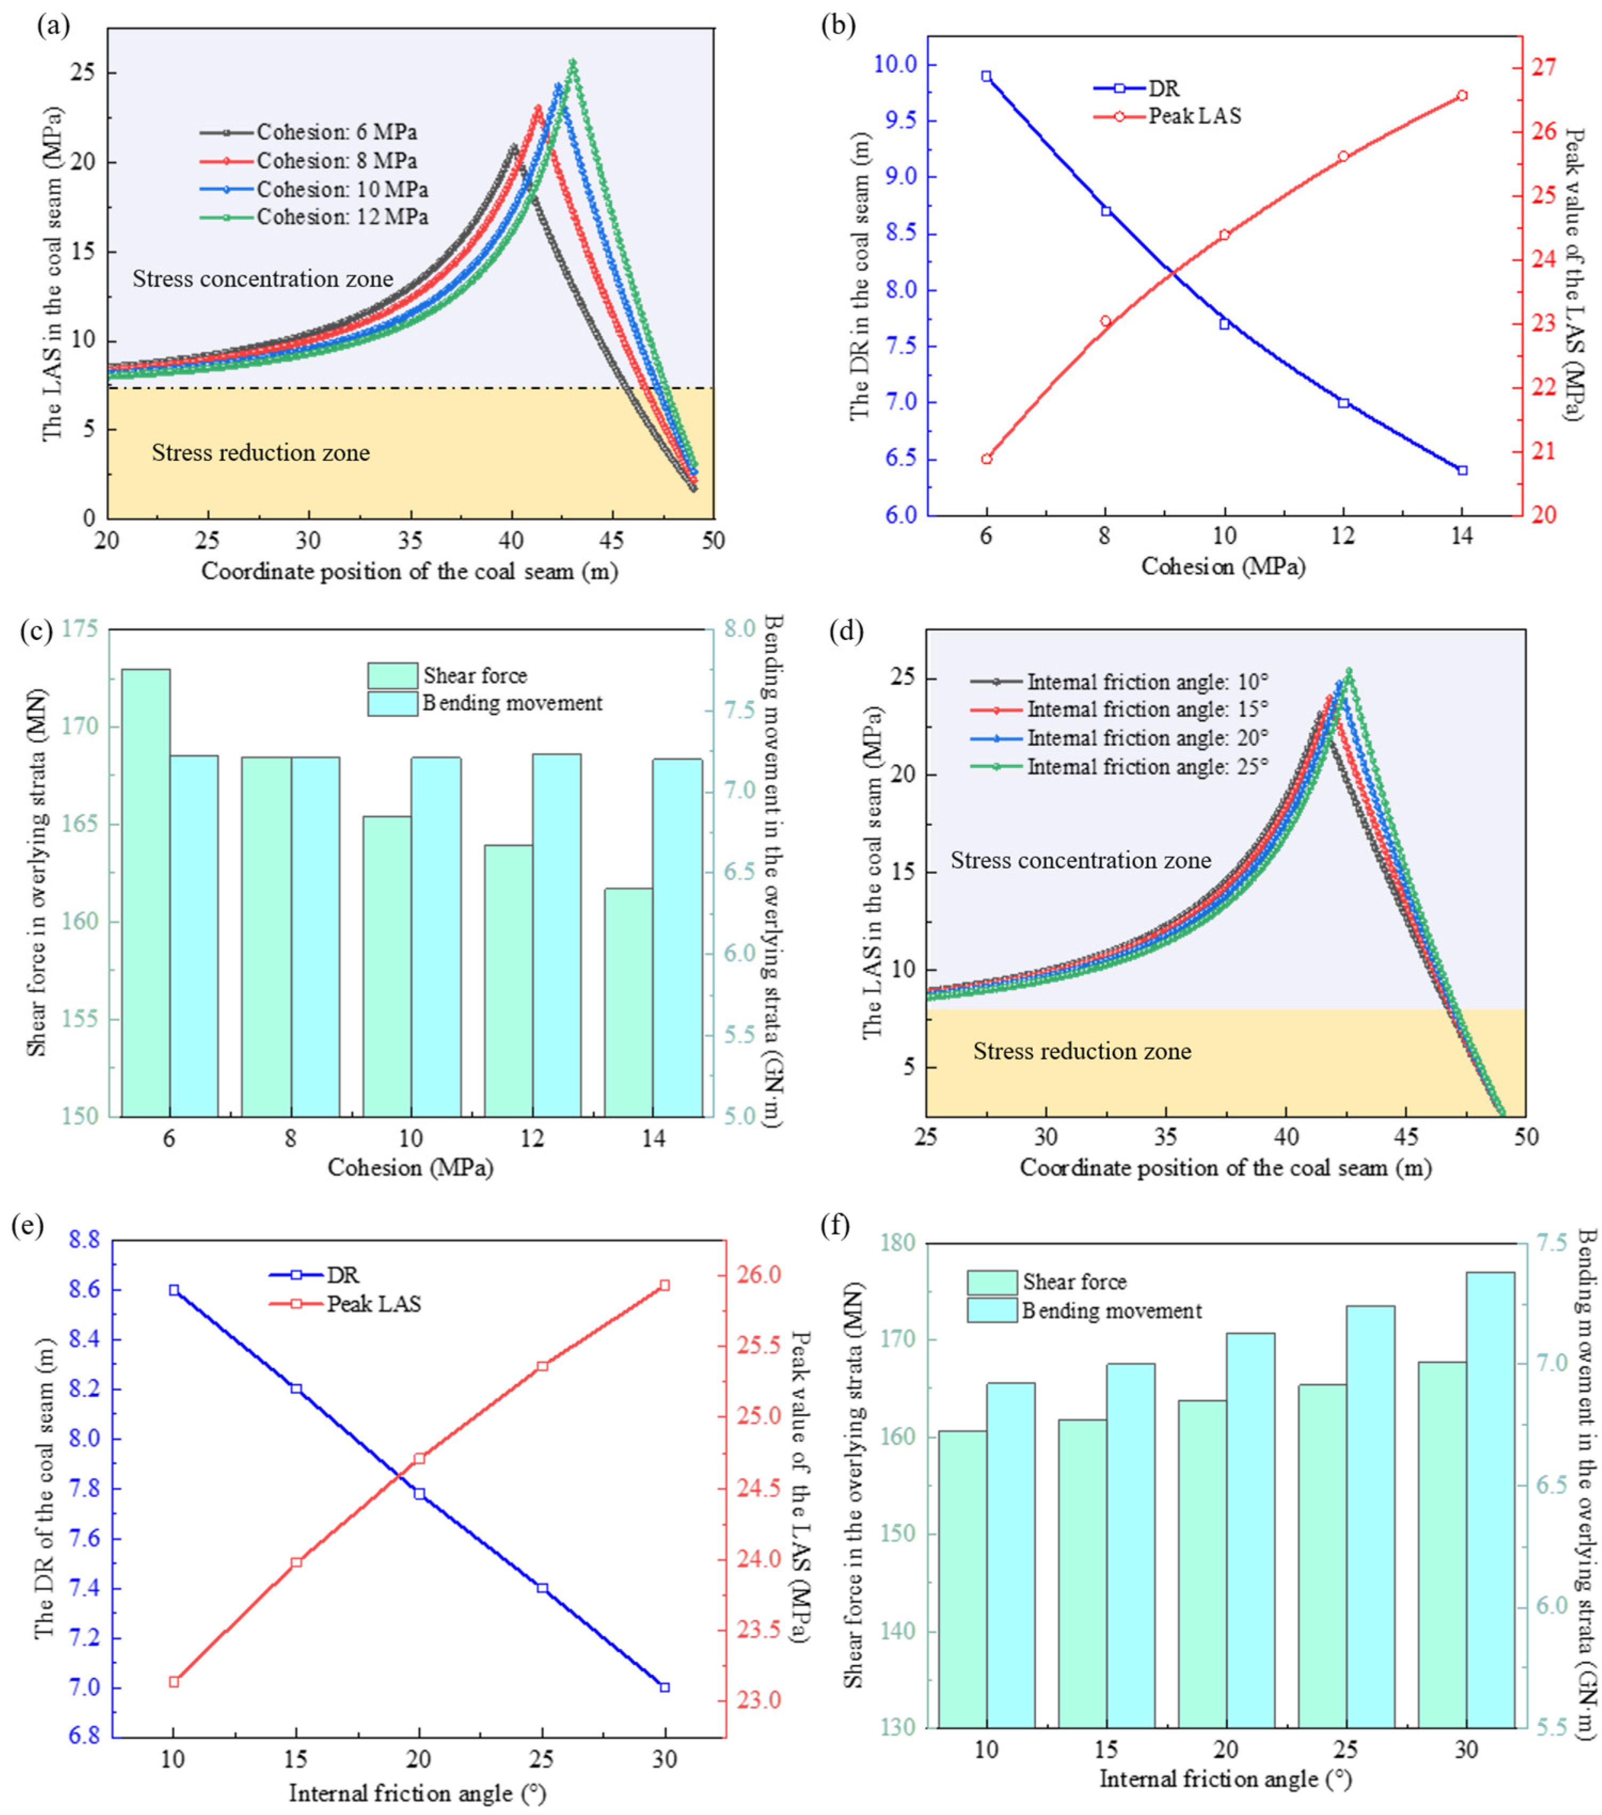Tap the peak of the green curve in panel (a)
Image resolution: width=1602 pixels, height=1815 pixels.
click(x=572, y=62)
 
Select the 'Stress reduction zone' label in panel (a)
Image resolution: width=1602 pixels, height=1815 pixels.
click(x=261, y=453)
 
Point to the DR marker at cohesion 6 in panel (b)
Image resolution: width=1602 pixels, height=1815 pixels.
click(x=986, y=76)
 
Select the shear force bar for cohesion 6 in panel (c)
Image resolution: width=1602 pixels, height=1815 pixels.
click(x=146, y=893)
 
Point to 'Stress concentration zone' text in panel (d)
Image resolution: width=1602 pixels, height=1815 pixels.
click(x=1081, y=861)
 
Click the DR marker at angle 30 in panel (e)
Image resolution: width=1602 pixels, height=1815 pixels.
click(x=665, y=1687)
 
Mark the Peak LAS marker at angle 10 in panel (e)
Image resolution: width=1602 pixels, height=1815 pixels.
click(x=174, y=1682)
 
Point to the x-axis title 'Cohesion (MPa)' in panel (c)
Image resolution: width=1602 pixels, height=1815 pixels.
click(x=410, y=1167)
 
